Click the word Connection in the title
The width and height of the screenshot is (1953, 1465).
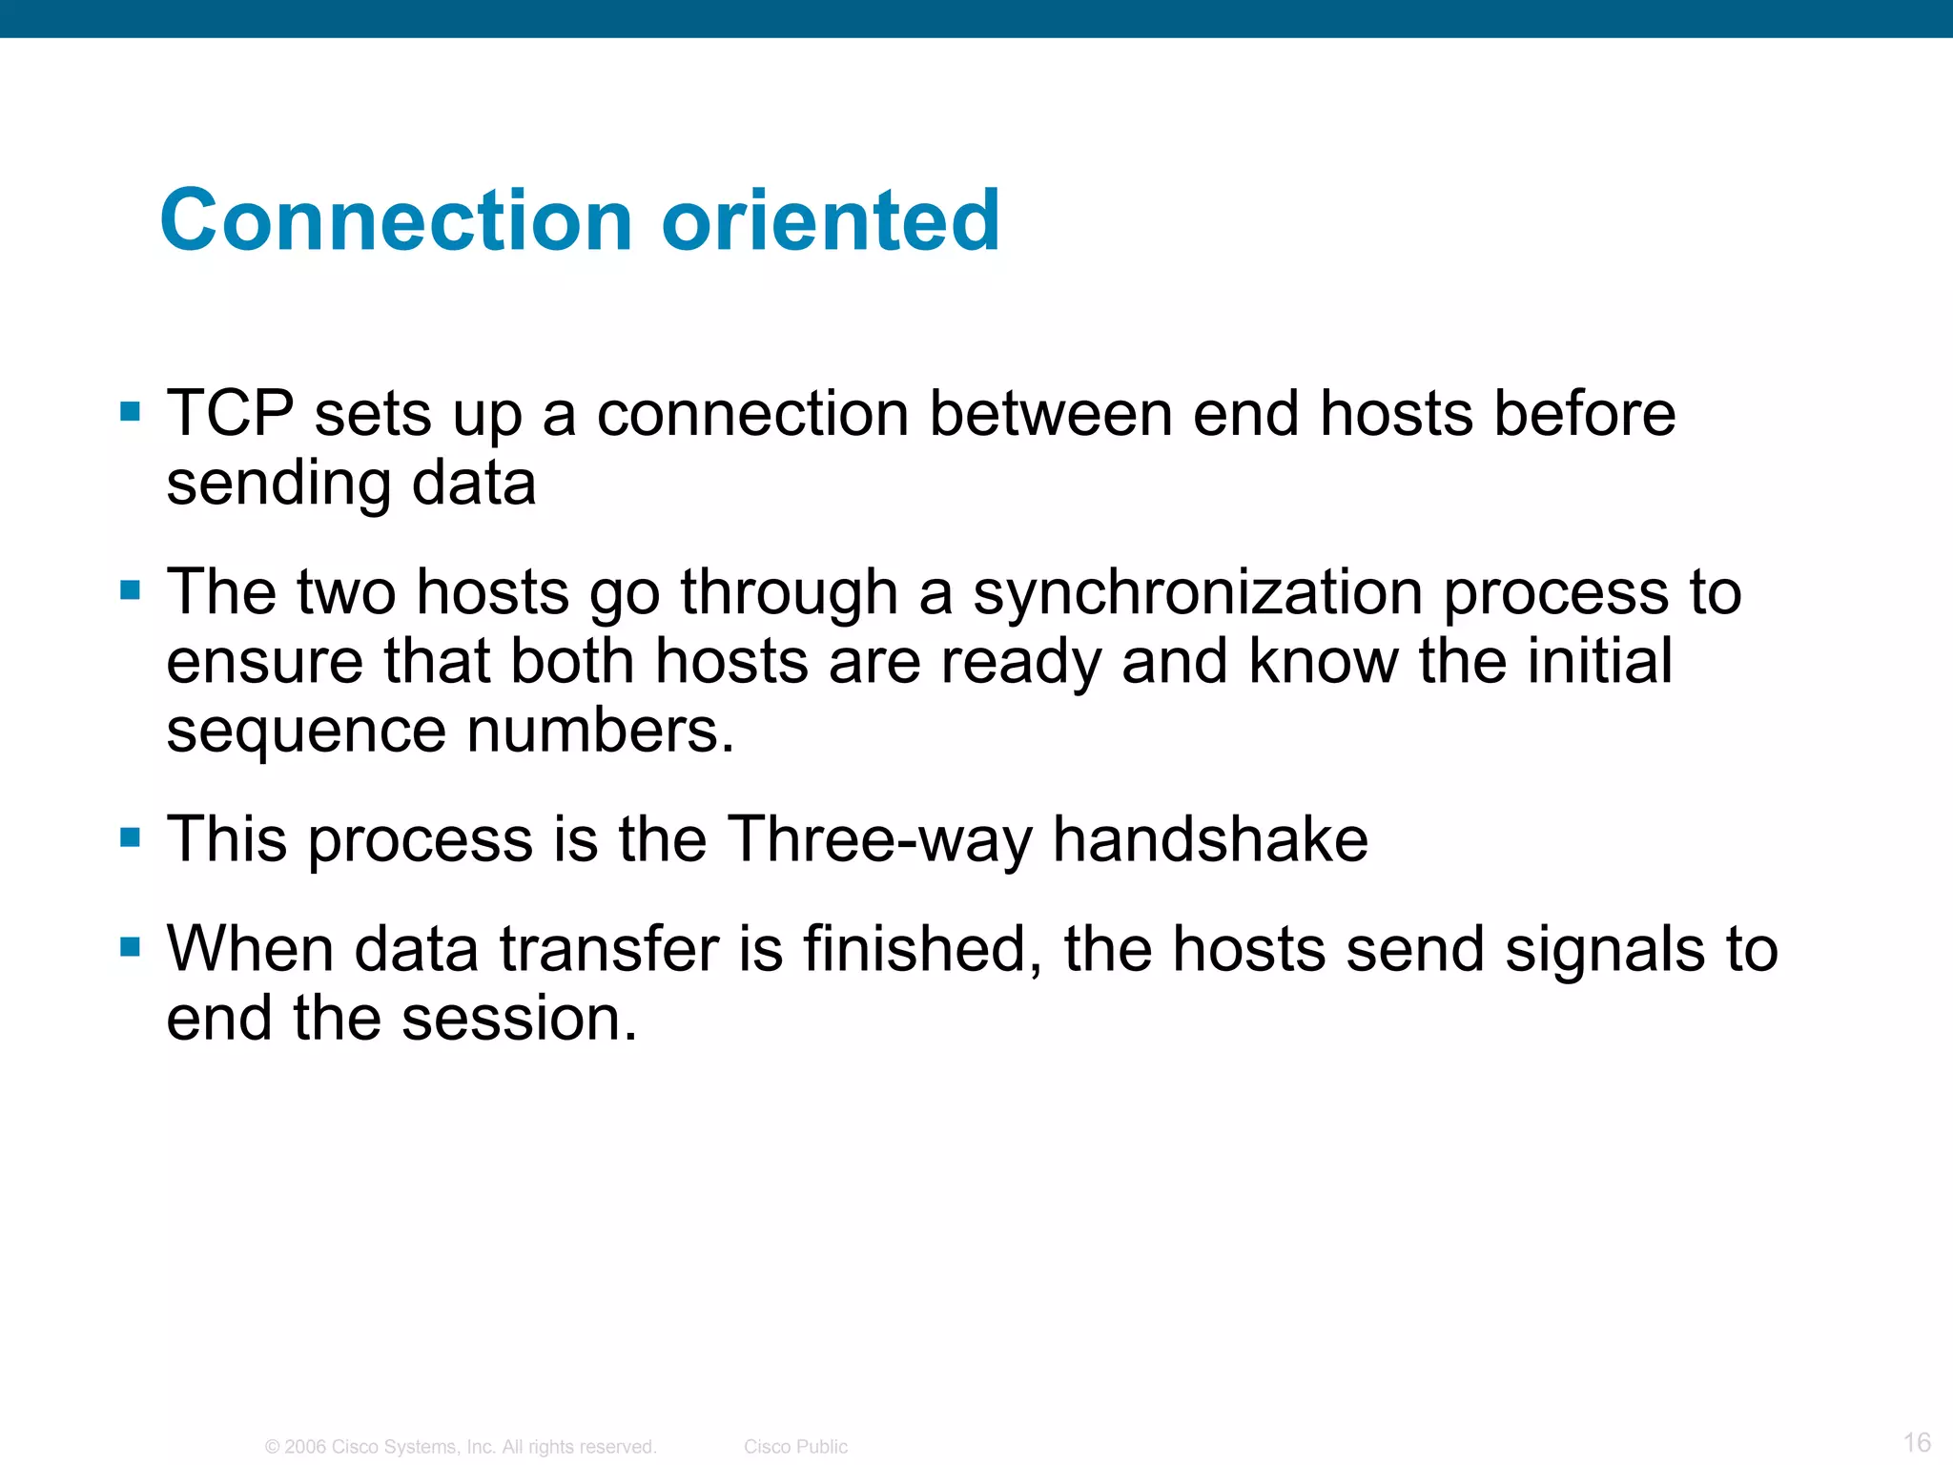click(396, 220)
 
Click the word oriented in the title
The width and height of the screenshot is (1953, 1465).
click(831, 220)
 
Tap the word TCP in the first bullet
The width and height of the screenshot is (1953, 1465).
click(230, 414)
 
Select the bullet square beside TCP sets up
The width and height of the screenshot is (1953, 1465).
click(131, 412)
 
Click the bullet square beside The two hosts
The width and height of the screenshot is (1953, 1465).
click(131, 590)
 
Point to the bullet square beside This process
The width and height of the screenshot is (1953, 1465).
click(131, 837)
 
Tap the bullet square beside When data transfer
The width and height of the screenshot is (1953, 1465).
click(131, 947)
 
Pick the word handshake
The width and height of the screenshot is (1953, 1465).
click(1210, 839)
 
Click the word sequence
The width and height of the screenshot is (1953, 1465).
click(306, 732)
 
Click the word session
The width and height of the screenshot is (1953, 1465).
click(519, 1019)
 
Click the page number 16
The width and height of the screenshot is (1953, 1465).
click(1917, 1442)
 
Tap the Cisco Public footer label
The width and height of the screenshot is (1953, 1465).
click(795, 1447)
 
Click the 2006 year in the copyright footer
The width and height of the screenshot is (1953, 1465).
click(305, 1447)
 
